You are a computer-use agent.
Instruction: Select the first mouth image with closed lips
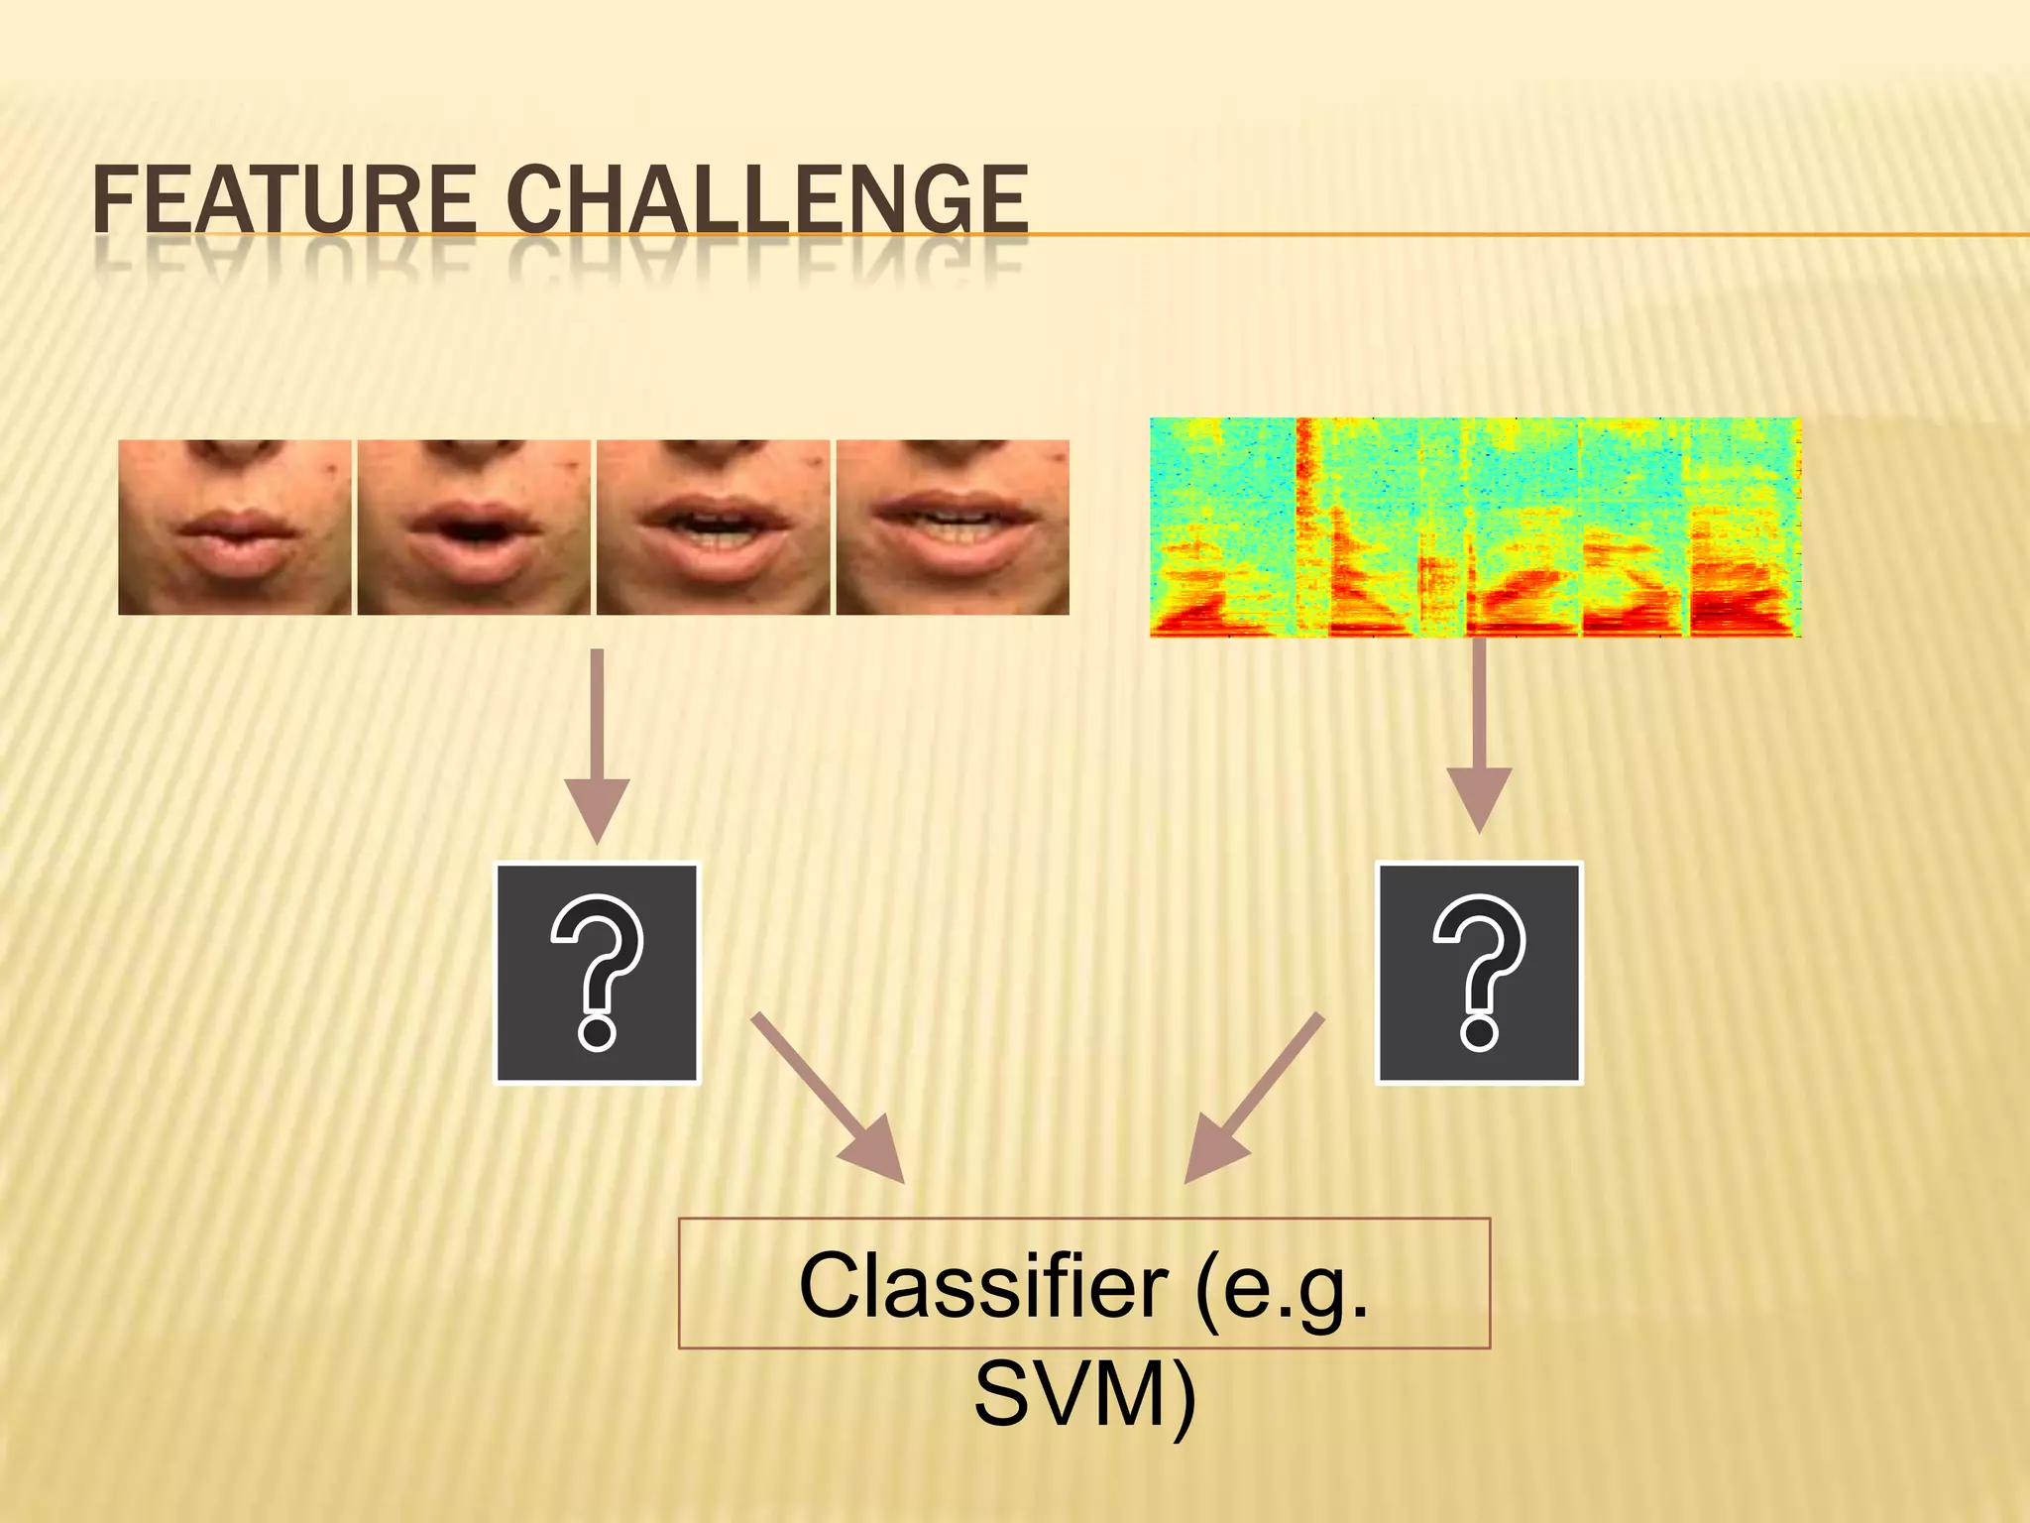pos(235,527)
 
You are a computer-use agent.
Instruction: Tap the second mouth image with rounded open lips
pos(474,527)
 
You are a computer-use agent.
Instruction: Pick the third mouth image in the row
pos(713,527)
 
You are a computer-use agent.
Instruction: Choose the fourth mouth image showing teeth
pos(953,527)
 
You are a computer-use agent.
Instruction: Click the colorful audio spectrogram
pos(1475,527)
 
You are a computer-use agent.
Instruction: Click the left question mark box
pos(597,973)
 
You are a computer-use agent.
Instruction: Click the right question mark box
pos(1479,973)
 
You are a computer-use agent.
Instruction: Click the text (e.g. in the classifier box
pos(1283,1286)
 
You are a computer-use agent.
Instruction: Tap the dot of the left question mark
pos(597,1031)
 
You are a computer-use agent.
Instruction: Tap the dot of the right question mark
pos(1479,1031)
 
